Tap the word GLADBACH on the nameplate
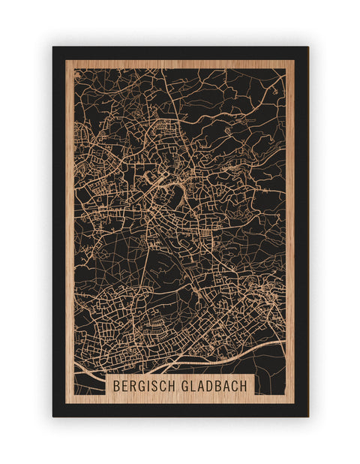click(x=214, y=385)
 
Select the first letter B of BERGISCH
click(x=117, y=385)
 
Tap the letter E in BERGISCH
click(x=125, y=385)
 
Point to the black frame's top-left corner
click(x=54, y=48)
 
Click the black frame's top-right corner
click(x=307, y=48)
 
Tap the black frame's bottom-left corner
click(x=54, y=415)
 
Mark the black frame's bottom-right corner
click(x=307, y=415)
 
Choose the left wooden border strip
click(x=70, y=225)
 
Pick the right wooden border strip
click(x=290, y=225)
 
